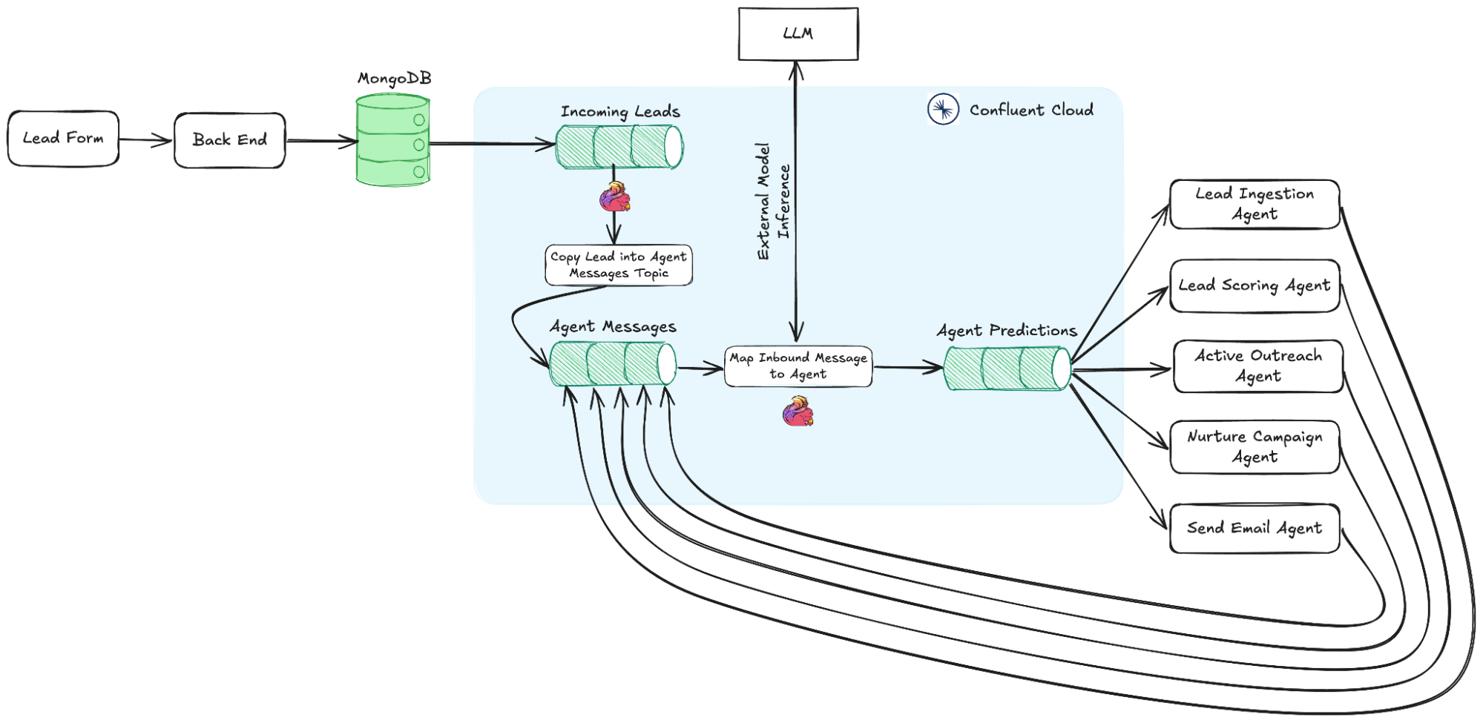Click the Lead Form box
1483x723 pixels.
tap(63, 139)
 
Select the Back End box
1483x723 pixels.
tap(230, 140)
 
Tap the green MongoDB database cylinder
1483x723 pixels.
tap(393, 141)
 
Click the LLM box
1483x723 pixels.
tap(798, 34)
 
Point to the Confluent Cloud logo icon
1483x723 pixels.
tap(943, 110)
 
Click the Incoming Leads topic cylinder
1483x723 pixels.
tap(619, 147)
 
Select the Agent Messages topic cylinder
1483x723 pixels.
tap(613, 364)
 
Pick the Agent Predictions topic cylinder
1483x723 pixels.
tap(1007, 369)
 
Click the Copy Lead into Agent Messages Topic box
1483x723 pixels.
tap(619, 265)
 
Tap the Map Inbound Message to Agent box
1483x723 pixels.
tap(798, 366)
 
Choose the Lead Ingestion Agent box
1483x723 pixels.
tap(1255, 205)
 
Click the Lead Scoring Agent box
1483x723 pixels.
tap(1255, 286)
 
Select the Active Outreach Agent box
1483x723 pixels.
tap(1258, 366)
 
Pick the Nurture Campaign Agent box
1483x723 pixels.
tap(1255, 447)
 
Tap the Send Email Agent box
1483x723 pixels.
tap(1255, 529)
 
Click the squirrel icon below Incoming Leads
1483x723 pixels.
tap(614, 199)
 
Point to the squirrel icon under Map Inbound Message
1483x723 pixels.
tap(798, 412)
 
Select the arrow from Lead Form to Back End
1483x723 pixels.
tap(145, 139)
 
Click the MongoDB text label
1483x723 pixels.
tap(394, 79)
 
